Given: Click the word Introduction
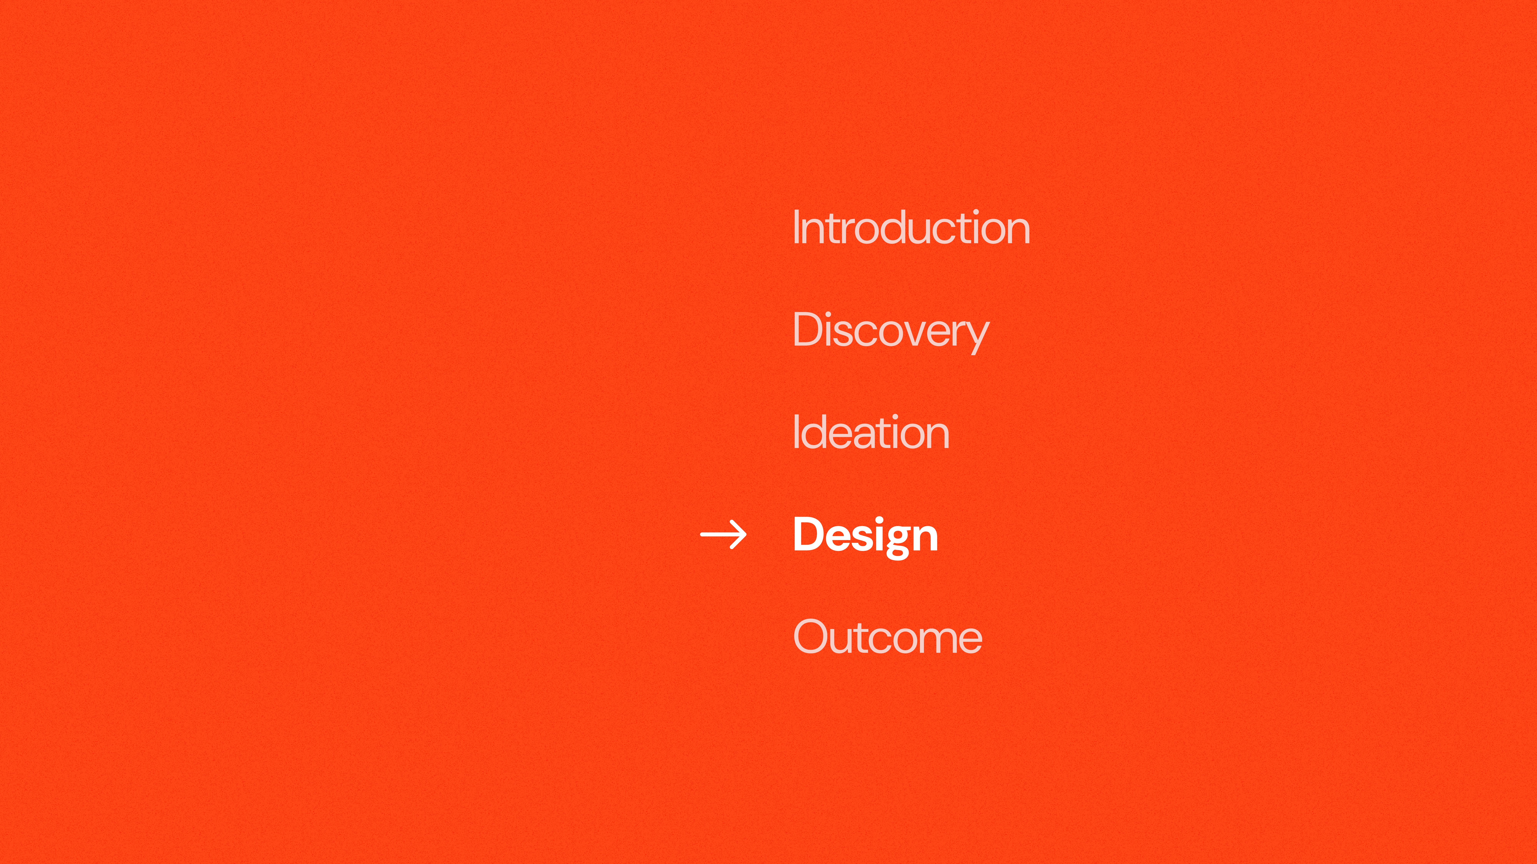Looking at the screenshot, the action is [x=911, y=227].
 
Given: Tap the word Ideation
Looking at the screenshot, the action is [x=871, y=432].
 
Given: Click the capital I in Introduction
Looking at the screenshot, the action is [x=796, y=227].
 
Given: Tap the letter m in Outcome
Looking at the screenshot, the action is [x=933, y=641].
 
